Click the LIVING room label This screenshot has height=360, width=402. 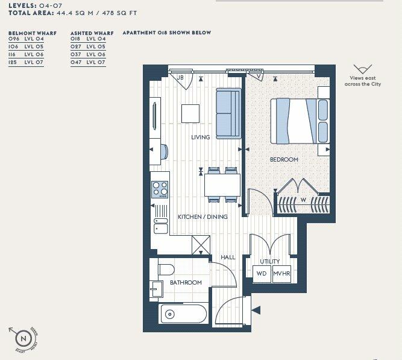[201, 137]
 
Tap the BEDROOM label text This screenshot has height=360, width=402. [284, 159]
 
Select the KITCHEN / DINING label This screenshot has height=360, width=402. [203, 216]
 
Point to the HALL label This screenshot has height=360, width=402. [228, 257]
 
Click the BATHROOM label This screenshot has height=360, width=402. [186, 282]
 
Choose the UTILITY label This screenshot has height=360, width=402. [269, 261]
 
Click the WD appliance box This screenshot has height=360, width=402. [262, 274]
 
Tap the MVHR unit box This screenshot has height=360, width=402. [281, 274]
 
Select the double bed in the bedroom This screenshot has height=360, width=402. [300, 121]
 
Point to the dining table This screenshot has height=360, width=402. [222, 184]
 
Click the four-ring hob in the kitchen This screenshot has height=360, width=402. [160, 189]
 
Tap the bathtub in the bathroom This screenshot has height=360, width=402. [184, 314]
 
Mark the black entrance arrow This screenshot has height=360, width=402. [256, 311]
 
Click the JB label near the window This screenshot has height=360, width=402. [180, 77]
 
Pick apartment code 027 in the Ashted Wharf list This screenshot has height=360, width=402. [76, 46]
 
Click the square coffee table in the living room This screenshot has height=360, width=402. [190, 113]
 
